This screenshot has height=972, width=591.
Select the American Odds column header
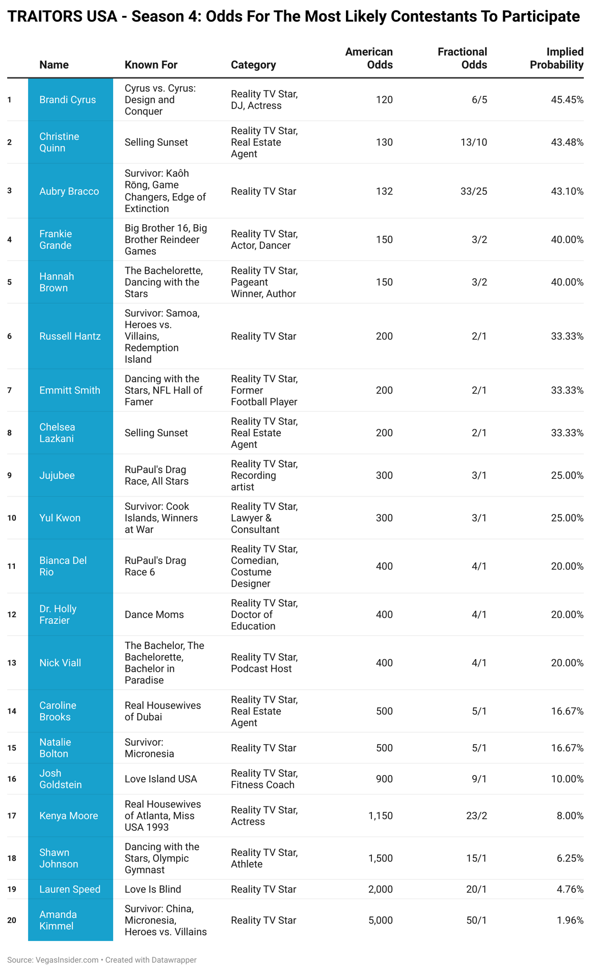(369, 58)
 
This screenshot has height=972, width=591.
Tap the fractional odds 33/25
(473, 191)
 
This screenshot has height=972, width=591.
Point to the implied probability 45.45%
(567, 99)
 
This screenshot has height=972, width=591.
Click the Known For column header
(151, 65)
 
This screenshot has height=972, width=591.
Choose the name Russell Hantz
(70, 336)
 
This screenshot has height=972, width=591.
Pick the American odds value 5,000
(380, 920)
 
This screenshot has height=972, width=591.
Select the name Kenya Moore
(69, 816)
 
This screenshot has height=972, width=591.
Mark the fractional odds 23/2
(476, 816)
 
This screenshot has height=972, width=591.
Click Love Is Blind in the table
(153, 889)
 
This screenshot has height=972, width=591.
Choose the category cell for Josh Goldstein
(264, 779)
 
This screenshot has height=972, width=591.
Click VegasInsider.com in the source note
(67, 960)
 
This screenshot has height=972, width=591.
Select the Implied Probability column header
(556, 58)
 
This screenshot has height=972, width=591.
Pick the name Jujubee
(57, 475)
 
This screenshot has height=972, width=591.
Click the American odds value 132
(384, 191)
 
